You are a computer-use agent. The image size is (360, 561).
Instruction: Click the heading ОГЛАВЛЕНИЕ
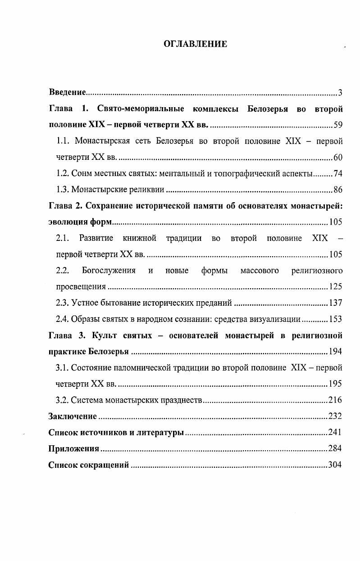tap(195, 44)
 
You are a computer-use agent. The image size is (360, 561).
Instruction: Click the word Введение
tap(67, 92)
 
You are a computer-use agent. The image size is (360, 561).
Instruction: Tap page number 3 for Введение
tap(341, 93)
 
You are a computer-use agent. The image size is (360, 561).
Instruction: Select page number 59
tap(338, 125)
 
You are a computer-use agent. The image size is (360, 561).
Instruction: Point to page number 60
tap(338, 157)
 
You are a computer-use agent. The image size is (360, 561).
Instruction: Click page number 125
tap(336, 286)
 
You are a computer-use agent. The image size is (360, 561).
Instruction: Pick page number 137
tap(336, 303)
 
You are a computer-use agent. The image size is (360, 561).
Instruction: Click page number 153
tap(336, 319)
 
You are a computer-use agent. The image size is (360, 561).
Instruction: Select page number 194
tap(336, 351)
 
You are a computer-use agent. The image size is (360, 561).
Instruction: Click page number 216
tap(335, 400)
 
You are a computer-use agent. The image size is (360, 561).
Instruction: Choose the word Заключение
tap(73, 416)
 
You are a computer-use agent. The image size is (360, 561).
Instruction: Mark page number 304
tap(335, 465)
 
